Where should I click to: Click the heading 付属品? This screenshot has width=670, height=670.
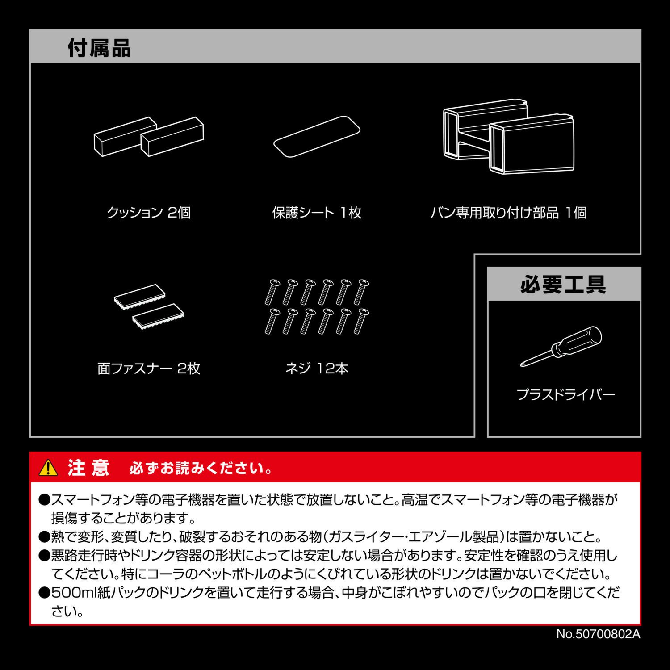(99, 48)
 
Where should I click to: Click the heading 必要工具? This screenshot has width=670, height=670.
(563, 284)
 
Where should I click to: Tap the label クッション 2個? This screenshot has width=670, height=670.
(149, 212)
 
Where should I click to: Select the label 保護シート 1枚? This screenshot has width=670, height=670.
(317, 212)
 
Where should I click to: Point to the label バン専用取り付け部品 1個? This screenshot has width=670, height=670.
(508, 212)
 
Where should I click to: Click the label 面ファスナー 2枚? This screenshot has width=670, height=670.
(149, 368)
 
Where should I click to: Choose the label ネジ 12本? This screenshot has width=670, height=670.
(317, 368)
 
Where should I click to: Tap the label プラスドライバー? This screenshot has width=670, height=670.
(565, 394)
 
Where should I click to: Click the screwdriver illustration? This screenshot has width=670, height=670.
(561, 347)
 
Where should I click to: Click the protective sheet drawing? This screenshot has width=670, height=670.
(317, 137)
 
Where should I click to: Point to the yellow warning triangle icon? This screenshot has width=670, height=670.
(48, 468)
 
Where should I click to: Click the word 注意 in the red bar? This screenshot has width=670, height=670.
(88, 468)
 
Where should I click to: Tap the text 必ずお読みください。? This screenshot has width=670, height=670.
(201, 469)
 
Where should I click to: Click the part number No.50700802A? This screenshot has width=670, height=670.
(598, 634)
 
